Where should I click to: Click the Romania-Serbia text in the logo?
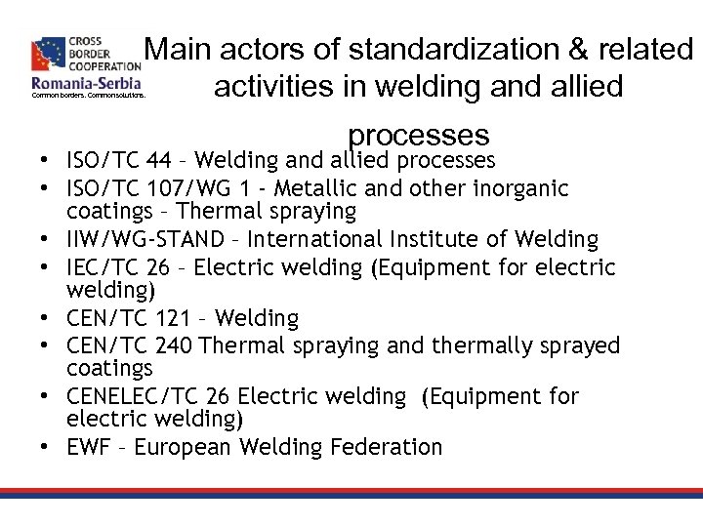[87, 83]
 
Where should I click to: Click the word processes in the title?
[418, 133]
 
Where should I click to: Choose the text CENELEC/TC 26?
[148, 396]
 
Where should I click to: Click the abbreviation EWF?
[90, 448]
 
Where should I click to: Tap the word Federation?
[381, 448]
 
